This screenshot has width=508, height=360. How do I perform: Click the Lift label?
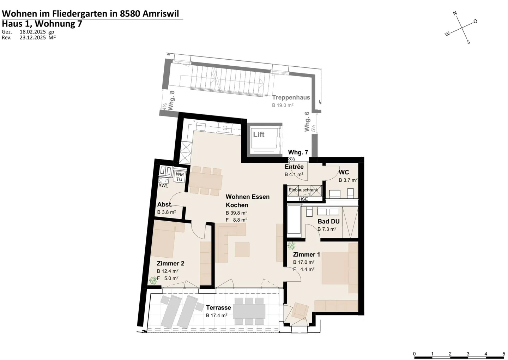259,134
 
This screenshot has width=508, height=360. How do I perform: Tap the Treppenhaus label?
291,97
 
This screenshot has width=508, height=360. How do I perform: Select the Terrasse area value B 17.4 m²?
217,315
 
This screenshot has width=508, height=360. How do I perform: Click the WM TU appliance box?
180,177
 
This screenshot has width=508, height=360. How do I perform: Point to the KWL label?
163,185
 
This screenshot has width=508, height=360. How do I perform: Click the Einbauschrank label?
303,190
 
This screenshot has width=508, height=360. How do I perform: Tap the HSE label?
303,199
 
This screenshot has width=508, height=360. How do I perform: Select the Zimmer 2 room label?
170,263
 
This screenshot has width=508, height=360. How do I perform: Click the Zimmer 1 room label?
306,254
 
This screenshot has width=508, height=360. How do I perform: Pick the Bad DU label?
328,221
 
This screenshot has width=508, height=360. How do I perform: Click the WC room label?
344,172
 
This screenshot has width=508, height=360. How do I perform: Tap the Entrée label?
294,167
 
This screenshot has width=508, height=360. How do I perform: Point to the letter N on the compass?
455,14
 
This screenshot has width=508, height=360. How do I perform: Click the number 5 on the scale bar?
503,354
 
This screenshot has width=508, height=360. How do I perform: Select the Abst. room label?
164,205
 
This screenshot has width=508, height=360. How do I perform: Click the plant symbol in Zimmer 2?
153,281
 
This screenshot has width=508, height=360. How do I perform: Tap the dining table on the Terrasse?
249,311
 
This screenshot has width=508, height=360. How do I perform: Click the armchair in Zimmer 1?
300,310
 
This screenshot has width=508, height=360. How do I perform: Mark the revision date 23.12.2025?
32,37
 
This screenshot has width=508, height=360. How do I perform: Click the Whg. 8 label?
172,101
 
